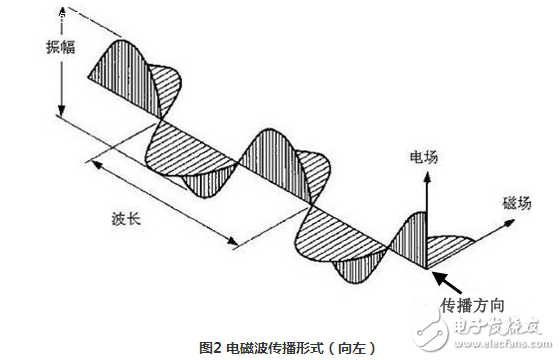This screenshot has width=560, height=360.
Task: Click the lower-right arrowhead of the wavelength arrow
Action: pyautogui.click(x=233, y=242)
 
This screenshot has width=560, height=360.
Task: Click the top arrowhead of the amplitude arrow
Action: pyautogui.click(x=61, y=14)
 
